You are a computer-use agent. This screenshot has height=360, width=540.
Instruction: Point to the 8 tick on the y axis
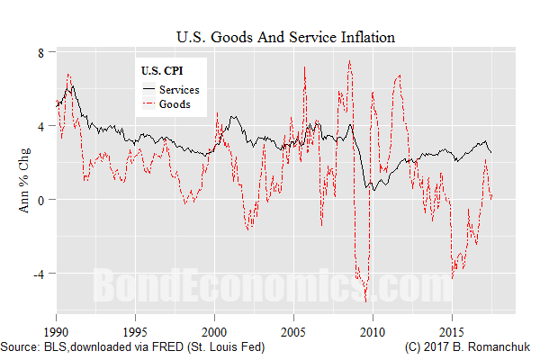pos(40,52)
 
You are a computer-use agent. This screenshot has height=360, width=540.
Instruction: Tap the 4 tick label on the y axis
pos(40,126)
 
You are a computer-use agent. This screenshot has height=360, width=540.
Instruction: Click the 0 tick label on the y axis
pos(40,200)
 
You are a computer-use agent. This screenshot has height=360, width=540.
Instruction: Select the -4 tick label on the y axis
pos(38,274)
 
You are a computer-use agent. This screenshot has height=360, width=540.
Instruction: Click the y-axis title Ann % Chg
pos(21,185)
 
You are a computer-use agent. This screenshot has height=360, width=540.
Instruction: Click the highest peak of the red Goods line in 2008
pos(349,60)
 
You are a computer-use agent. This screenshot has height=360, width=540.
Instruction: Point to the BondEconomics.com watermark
pos(271,288)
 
